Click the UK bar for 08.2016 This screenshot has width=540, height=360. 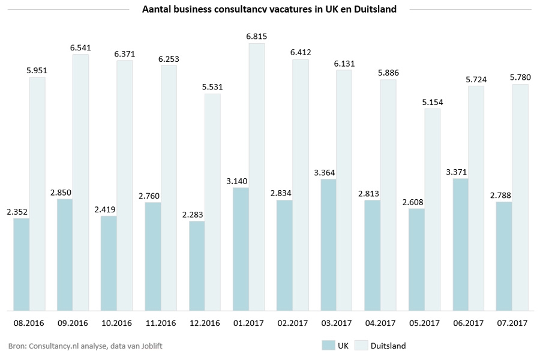[x=22, y=265]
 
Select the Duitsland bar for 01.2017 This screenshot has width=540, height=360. [x=256, y=177]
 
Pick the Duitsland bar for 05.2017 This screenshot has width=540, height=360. [x=432, y=209]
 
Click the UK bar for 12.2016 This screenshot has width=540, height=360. [x=197, y=266]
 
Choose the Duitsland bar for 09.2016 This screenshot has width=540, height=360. [x=80, y=182]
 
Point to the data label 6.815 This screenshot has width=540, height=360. [x=256, y=37]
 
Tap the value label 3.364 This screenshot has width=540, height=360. [x=325, y=172]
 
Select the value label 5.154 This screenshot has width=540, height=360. [x=432, y=102]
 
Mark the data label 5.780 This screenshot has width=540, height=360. [x=520, y=77]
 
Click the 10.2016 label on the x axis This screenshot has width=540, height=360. [x=116, y=323]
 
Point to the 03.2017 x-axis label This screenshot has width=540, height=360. [x=336, y=323]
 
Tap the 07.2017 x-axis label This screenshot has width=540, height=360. [x=512, y=323]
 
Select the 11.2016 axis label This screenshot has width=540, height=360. [x=160, y=323]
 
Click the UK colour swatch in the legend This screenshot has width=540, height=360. [x=328, y=346]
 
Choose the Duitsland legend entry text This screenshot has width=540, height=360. [x=388, y=346]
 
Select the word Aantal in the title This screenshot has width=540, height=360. [x=156, y=10]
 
